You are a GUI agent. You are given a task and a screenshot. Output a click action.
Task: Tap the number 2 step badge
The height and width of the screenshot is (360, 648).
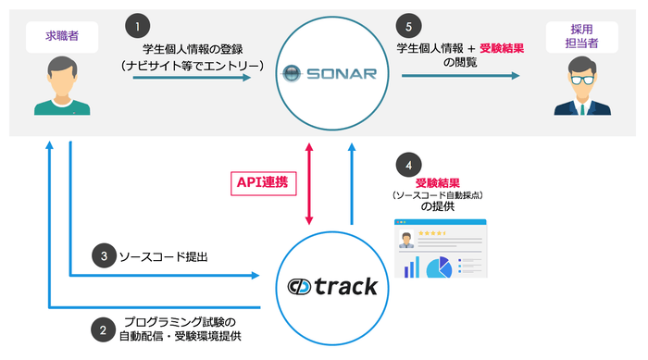[102, 326]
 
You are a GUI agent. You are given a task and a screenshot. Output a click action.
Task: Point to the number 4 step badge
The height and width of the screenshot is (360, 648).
[405, 166]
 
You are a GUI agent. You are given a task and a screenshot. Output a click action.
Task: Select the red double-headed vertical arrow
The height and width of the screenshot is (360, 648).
[308, 182]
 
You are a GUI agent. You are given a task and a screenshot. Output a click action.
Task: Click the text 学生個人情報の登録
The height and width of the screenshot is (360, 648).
[192, 47]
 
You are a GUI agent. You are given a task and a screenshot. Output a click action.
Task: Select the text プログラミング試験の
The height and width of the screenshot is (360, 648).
[186, 320]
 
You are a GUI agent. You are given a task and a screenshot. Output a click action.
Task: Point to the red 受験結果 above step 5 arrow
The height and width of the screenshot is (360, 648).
[502, 47]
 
